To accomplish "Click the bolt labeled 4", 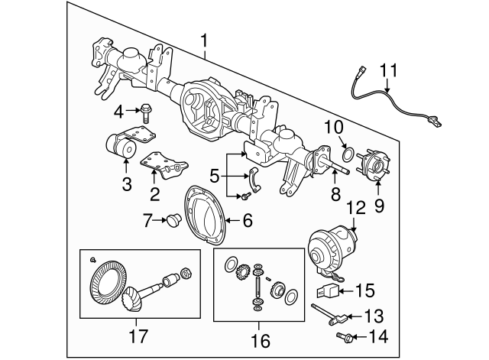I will pos(147,111).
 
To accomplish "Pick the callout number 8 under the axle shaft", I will pos(335,195).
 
